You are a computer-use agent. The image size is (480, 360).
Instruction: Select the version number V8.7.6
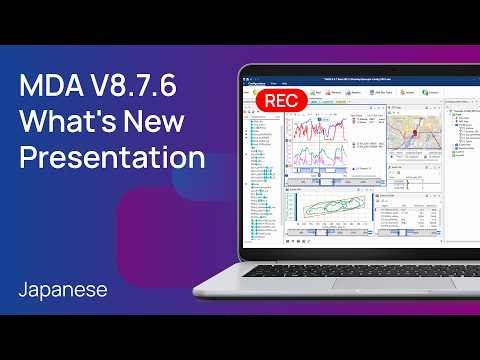tap(135, 86)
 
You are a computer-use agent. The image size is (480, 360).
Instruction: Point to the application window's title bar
tap(360, 78)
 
